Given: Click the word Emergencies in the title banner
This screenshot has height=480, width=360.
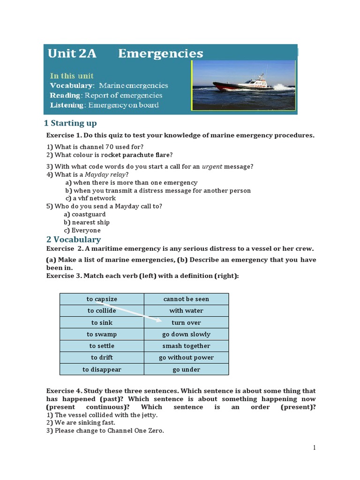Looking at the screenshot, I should pos(160,53).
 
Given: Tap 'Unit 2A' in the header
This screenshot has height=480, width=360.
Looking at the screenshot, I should pos(72,53).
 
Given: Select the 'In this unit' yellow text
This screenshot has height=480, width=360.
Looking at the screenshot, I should pos(72,75).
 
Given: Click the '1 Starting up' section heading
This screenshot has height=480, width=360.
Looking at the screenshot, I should pos(70,123).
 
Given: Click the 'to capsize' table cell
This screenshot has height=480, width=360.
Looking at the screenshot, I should pos(102,299).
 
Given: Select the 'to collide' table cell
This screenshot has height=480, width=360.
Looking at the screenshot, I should pos(102,311).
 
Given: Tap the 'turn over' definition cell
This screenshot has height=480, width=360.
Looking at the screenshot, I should pos(186,322).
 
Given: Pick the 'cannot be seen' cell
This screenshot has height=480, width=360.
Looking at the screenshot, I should pos(186,299).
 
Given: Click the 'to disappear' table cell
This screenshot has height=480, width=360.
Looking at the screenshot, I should pos(102,369).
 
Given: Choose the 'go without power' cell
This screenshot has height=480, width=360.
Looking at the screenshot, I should pos(186,358).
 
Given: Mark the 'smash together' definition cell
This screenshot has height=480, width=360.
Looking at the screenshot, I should pos(186,346).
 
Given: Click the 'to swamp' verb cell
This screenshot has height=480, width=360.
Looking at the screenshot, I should pos(102,334).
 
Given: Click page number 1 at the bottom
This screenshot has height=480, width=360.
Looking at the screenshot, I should pos(315,448).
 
